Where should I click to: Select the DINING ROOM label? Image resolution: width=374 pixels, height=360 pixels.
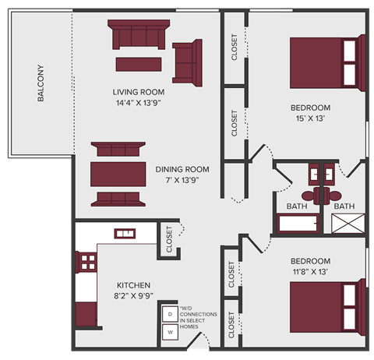pos(182,169)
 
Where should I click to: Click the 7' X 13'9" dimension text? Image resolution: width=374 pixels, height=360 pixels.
pos(182,180)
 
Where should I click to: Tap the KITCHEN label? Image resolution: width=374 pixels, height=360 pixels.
pos(133,285)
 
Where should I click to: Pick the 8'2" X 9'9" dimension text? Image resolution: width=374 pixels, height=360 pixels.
pos(133,296)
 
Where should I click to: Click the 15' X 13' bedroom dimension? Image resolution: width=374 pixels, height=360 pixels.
pos(310,118)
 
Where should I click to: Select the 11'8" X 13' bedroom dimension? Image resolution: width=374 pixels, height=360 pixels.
pos(310,271)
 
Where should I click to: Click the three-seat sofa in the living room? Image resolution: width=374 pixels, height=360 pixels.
pos(139,36)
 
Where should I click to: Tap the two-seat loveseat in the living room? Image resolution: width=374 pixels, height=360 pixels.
pos(187,61)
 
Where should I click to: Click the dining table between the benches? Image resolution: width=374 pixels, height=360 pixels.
pos(118,172)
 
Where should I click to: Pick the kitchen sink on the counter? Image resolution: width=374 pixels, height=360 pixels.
pos(125,232)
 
